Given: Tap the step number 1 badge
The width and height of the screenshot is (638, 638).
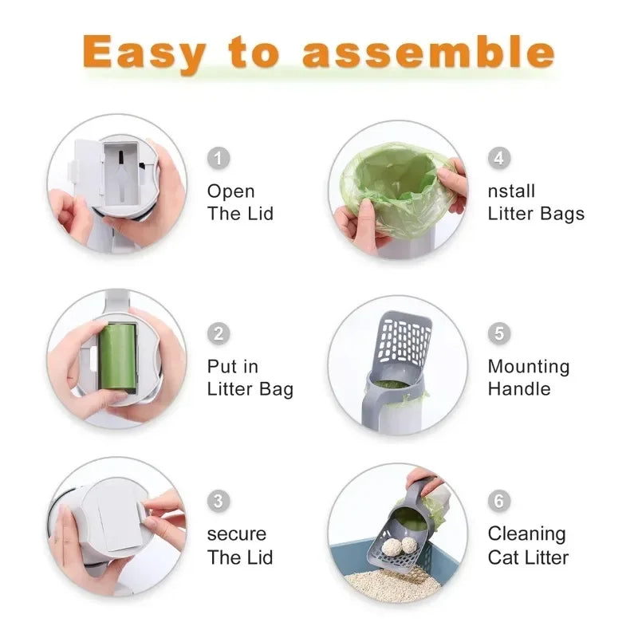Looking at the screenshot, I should (x=219, y=158).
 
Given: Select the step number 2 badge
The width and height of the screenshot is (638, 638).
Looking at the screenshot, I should (x=219, y=333).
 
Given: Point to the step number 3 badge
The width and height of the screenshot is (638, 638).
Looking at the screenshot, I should (x=219, y=501).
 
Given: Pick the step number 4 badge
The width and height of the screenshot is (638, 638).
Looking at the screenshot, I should (x=498, y=158).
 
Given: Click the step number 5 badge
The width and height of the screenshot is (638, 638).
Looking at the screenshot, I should (x=498, y=333).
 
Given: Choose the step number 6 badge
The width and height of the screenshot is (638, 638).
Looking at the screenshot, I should (x=498, y=501).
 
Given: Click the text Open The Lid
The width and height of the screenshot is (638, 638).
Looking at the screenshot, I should (x=240, y=203).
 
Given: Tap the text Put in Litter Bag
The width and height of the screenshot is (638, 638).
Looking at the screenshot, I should (x=250, y=378).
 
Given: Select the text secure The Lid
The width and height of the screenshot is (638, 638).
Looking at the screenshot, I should (x=239, y=545).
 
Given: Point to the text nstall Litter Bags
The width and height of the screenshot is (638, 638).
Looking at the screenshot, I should (x=535, y=203).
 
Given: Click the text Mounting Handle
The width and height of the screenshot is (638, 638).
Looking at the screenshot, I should (x=528, y=378).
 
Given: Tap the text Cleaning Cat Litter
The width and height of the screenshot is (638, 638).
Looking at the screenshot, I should (x=528, y=545).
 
